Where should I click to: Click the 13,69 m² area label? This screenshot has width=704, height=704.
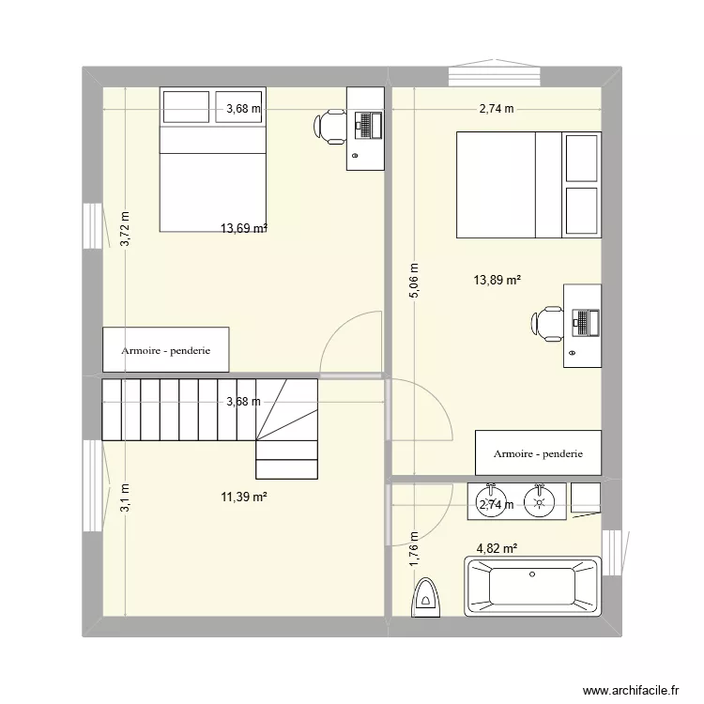244,228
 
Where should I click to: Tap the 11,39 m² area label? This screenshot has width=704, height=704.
244,496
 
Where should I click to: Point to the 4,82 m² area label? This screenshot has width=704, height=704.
497,548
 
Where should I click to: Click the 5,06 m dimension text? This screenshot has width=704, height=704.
413,280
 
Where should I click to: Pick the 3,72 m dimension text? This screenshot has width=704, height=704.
125,228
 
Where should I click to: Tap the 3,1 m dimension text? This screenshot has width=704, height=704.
125,497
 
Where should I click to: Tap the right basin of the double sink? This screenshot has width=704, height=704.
540,500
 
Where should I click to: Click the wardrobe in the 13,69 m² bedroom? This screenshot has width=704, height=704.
165,350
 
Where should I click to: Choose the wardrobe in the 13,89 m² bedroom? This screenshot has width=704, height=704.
538,454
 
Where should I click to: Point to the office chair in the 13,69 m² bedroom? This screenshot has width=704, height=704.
331,126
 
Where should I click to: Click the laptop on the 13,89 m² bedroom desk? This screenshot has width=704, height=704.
585,322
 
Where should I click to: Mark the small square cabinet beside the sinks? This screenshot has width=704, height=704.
585,498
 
